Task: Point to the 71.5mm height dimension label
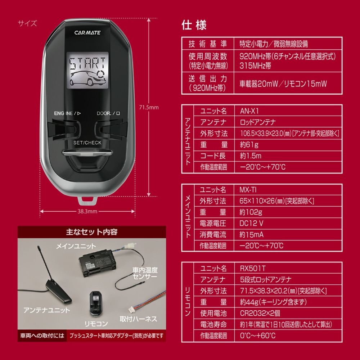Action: tap(149, 107)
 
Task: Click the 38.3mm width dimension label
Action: tap(88, 211)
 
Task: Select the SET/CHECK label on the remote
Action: tap(87, 143)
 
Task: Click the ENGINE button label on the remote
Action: tap(67, 113)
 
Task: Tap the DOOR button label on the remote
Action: tap(108, 113)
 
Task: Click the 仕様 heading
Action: tap(194, 26)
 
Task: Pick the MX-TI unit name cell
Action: tap(248, 189)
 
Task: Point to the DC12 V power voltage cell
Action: tap(251, 223)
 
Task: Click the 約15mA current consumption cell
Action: tap(251, 234)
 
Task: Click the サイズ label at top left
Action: tap(27, 24)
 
